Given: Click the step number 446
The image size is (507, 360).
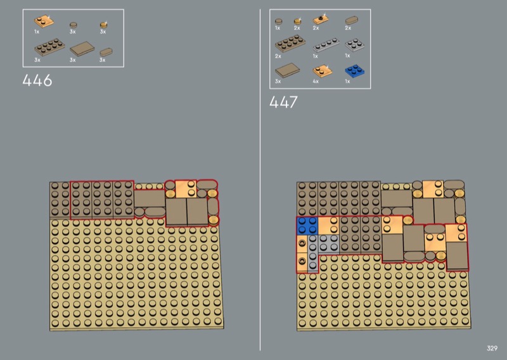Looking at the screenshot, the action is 37,80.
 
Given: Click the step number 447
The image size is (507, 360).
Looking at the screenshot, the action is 283,102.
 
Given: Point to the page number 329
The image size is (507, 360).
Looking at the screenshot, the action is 492,348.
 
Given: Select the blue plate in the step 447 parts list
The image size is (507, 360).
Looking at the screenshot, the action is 354,71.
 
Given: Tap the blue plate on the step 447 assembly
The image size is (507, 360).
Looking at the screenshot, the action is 307,225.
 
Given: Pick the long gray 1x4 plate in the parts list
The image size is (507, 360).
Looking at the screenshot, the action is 326,44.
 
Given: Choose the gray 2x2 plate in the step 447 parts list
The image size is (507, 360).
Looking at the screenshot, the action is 355,44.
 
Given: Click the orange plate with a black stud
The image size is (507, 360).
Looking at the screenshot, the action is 321,20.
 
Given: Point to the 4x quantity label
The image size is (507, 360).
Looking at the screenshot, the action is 316,81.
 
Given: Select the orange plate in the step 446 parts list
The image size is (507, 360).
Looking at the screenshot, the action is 44,22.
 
